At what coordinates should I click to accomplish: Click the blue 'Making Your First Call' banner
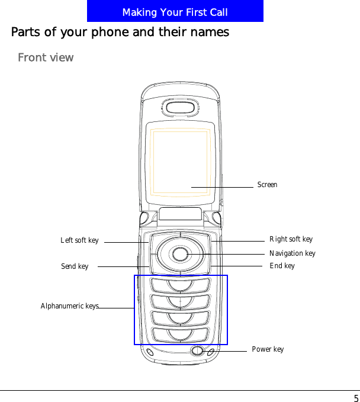(x=175, y=12)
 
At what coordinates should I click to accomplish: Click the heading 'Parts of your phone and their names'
(x=120, y=32)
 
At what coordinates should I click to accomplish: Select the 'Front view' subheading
(x=46, y=57)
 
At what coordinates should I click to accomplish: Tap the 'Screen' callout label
(x=267, y=185)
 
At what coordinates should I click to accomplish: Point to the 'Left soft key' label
(x=79, y=240)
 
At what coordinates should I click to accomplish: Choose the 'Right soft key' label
(x=291, y=239)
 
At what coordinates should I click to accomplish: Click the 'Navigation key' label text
(x=292, y=253)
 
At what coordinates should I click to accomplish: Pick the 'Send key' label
(x=75, y=266)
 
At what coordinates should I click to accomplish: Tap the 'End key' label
(x=282, y=266)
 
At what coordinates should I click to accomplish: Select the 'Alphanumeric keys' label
(x=69, y=306)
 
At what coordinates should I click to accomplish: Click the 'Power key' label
(x=268, y=349)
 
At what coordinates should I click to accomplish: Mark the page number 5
(x=355, y=398)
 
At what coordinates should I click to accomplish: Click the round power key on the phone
(x=197, y=350)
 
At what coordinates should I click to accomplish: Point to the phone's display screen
(x=180, y=162)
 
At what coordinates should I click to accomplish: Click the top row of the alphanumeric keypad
(x=180, y=285)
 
